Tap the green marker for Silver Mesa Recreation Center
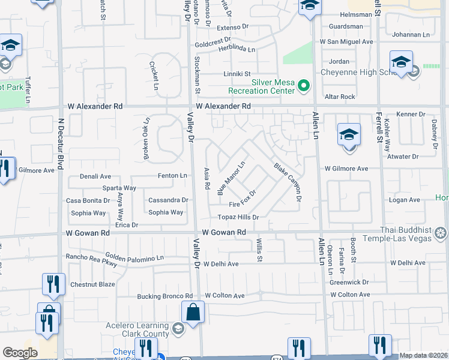[304, 86]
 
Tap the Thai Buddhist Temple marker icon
[441, 232]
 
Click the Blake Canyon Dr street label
[287, 182]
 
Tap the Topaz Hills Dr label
[238, 217]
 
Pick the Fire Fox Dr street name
[243, 199]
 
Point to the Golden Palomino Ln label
[135, 258]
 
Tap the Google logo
[20, 353]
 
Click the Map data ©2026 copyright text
[423, 355]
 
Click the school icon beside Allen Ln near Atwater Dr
[348, 137]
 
